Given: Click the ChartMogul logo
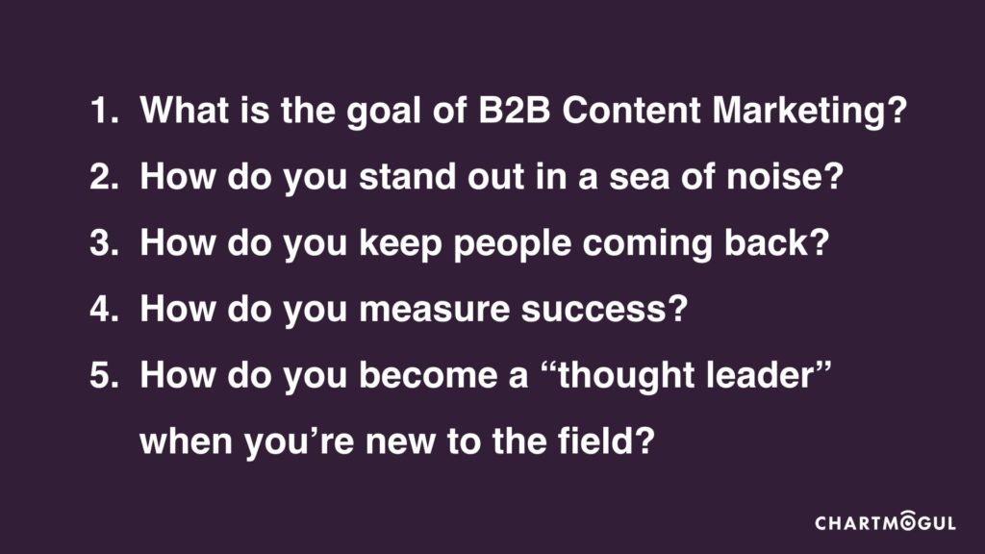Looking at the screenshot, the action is coord(885,521).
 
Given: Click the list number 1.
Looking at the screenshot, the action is coord(104,111).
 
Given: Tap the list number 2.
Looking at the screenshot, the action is coord(104,177).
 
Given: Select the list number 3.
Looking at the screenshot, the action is coord(104,243).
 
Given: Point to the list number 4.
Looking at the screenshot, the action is coord(104,309).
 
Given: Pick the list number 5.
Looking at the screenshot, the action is coord(104,376).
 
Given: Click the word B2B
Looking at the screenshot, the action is coord(514,111).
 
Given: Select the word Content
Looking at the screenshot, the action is coord(631,111).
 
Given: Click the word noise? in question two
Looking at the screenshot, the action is coord(785,177).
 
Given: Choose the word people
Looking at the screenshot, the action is coord(512,245).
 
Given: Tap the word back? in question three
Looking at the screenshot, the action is coord(776,243).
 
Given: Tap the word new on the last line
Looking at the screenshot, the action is coord(400,444).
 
